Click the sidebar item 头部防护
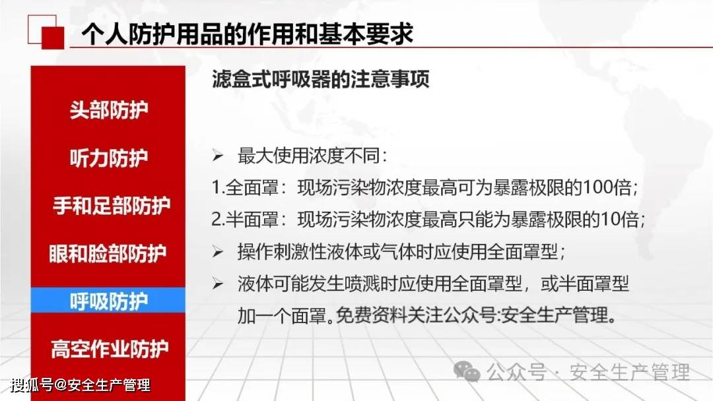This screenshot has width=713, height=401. pos(109,110)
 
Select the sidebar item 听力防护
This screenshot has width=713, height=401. pos(109,158)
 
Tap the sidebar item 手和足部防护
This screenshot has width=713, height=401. pos(112,206)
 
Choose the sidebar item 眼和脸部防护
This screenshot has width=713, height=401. pos(108,253)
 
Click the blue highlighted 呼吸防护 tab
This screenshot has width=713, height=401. pos(108,301)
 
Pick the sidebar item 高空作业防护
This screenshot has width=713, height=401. pos(110,349)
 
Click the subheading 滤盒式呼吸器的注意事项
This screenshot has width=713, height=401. pos(321,79)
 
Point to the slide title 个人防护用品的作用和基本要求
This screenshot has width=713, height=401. pos(248,34)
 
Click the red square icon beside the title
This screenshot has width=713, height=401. pos(53,38)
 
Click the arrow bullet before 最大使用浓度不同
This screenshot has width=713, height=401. pos(218,156)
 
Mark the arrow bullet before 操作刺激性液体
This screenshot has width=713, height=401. pos(218,251)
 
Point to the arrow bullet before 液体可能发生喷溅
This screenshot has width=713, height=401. pos(218,284)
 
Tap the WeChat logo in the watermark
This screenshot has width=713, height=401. pos(467,371)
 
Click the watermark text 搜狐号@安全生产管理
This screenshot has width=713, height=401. pos(81,385)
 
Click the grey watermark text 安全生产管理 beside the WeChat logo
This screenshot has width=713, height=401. pos(630,373)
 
